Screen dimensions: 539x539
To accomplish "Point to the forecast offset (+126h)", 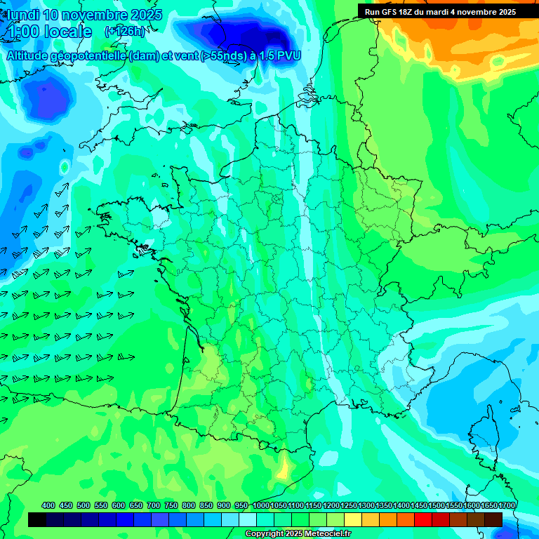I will point(125,32).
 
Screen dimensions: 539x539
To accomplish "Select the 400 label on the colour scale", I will point(48,506).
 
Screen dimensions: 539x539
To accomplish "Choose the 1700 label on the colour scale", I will point(507,506).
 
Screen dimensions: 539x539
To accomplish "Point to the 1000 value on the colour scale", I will point(261,506).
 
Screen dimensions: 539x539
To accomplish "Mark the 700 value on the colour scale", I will point(154,506).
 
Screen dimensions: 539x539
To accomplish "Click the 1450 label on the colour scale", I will point(419,506).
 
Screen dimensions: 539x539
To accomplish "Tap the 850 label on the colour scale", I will point(206,506).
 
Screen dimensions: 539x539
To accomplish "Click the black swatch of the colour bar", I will point(37,519).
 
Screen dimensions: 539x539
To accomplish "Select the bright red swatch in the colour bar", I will point(422,519).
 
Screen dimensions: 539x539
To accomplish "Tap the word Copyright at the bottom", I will point(265,534).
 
